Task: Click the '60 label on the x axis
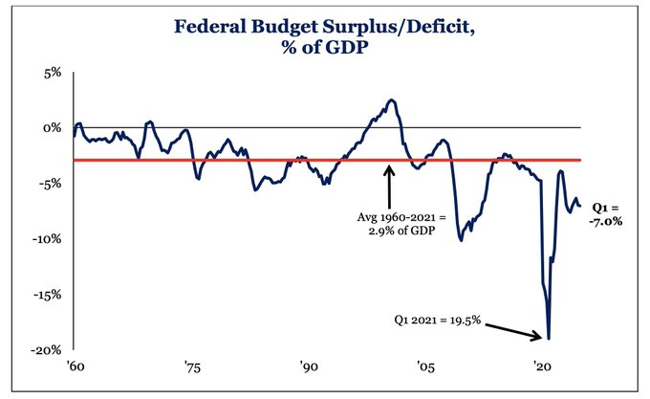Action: tap(74, 367)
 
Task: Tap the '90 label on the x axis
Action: tap(308, 367)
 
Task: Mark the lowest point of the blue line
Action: tap(549, 338)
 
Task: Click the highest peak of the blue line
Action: tap(391, 100)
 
